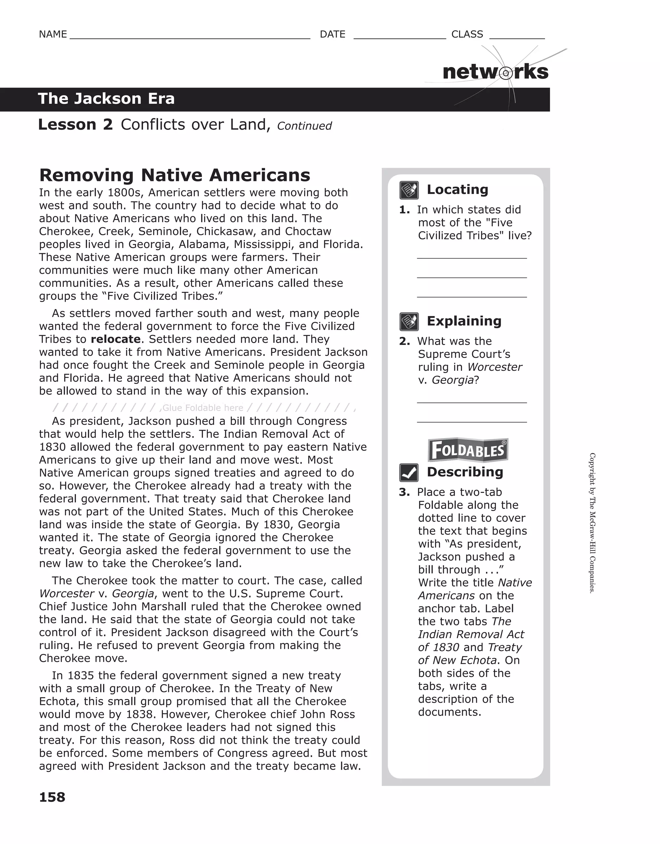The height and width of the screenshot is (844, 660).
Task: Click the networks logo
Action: click(495, 72)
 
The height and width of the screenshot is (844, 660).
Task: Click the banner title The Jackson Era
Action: click(106, 99)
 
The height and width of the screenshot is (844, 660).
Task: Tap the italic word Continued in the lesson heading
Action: click(304, 126)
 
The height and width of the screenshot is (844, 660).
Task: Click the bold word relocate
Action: click(116, 339)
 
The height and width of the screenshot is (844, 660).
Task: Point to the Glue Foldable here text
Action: click(203, 408)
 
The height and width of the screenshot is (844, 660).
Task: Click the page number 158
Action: click(52, 797)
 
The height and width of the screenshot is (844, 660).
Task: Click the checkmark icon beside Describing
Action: click(409, 472)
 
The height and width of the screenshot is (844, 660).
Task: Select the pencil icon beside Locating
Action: click(409, 190)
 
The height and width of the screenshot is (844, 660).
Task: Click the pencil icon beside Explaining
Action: click(409, 321)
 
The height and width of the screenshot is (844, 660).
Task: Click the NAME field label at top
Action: click(53, 34)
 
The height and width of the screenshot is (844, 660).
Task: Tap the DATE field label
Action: click(333, 34)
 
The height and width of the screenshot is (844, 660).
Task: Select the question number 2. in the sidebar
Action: click(404, 341)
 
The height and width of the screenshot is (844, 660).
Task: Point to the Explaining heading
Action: click(464, 321)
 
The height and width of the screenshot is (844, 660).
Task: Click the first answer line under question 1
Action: click(472, 257)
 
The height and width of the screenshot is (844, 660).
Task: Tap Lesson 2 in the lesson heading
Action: click(75, 124)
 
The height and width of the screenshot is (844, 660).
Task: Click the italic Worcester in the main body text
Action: click(66, 594)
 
